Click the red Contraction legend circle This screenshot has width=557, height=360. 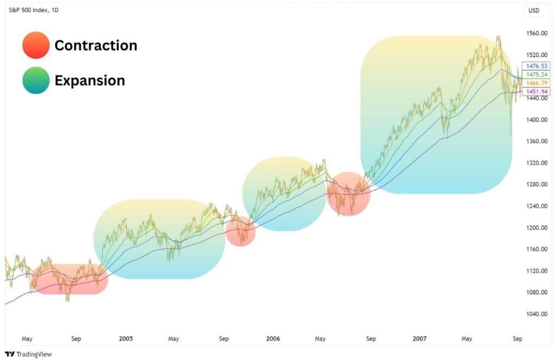[36, 45]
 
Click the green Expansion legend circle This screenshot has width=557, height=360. [36, 80]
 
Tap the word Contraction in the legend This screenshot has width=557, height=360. [96, 45]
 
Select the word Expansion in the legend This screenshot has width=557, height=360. [90, 80]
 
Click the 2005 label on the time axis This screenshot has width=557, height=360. [126, 339]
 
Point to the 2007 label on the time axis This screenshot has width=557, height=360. [419, 339]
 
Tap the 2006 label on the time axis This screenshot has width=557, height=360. [273, 339]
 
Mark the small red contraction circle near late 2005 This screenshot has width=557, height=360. [240, 231]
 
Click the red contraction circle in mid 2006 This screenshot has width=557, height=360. [348, 194]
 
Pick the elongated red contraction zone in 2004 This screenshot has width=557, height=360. [70, 280]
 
